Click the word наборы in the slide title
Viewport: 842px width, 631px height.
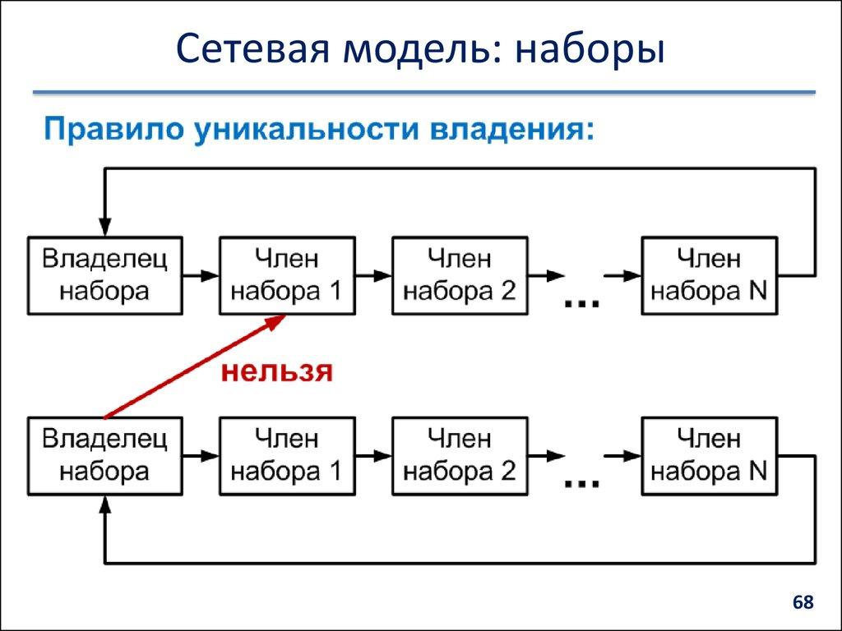pos(589,50)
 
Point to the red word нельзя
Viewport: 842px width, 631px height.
pos(276,371)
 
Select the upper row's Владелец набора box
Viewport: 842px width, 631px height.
pos(105,274)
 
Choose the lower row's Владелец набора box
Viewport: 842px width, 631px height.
pos(105,455)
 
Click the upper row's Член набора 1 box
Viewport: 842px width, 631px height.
pos(287,274)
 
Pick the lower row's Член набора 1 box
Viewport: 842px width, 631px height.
pos(287,455)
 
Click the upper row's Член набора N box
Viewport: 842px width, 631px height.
pos(710,274)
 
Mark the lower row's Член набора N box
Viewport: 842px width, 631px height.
pos(710,455)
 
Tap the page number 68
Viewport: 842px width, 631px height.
pos(803,603)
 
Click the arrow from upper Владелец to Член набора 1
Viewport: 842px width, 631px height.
pos(201,274)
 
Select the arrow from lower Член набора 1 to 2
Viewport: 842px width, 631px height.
pos(374,455)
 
